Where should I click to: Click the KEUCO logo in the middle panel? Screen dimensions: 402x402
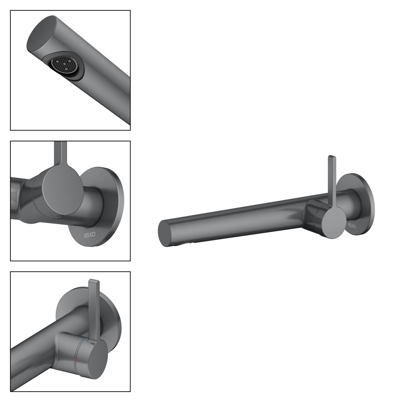point(90,234)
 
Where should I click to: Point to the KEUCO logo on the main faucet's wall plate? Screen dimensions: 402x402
point(352,226)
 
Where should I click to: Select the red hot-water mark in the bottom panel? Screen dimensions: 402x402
point(76,361)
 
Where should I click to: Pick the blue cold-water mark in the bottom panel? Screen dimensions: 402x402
point(83,342)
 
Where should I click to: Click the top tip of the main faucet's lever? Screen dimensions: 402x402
point(332,156)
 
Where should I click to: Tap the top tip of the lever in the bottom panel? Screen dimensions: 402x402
point(94,281)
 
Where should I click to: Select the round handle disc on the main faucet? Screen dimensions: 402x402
point(334,222)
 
